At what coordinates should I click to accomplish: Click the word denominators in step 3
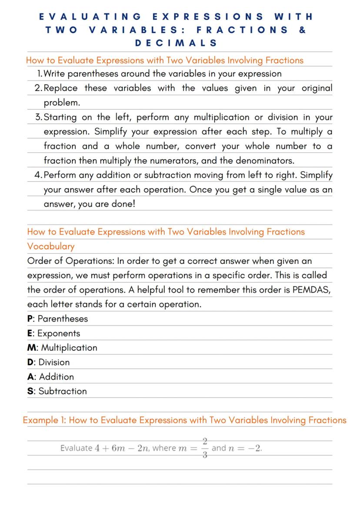(x=265, y=160)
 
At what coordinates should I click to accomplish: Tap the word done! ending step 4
(x=124, y=204)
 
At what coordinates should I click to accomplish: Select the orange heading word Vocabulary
(x=50, y=246)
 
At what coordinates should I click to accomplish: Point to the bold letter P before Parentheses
(x=30, y=319)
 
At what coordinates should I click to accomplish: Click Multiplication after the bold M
(x=69, y=348)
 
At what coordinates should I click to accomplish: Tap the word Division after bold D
(x=54, y=362)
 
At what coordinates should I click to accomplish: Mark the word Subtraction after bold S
(x=63, y=391)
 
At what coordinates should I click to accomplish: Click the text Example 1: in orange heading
(x=45, y=420)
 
